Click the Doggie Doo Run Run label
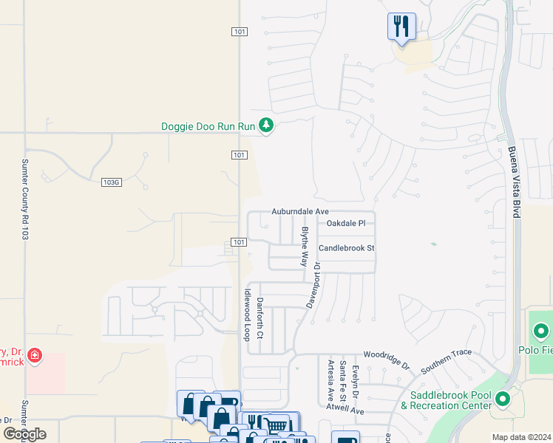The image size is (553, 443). pyautogui.click(x=208, y=127)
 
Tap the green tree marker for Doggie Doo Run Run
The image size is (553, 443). pyautogui.click(x=266, y=126)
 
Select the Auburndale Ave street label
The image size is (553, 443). pyautogui.click(x=299, y=211)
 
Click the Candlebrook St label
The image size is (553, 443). pyautogui.click(x=347, y=248)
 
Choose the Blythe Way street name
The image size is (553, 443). pyautogui.click(x=304, y=246)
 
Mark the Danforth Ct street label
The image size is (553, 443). pyautogui.click(x=259, y=318)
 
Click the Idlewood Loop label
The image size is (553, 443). pyautogui.click(x=246, y=315)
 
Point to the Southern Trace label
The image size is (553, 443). pyautogui.click(x=446, y=362)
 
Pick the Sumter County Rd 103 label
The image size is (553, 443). pyautogui.click(x=25, y=199)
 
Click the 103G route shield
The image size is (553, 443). pyautogui.click(x=111, y=182)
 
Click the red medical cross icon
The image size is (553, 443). pyautogui.click(x=34, y=357)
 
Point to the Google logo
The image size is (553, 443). pyautogui.click(x=24, y=434)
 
